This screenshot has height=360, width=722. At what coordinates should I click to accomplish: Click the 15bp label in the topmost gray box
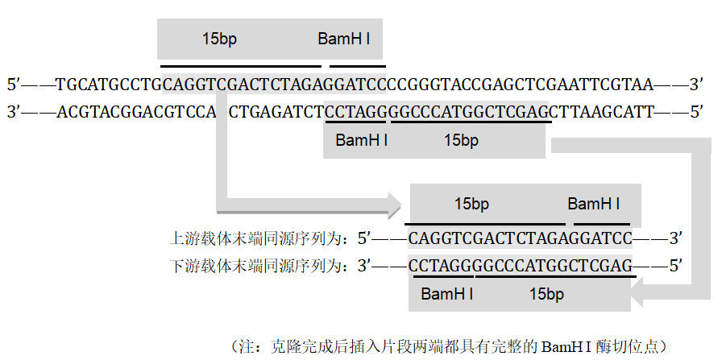[219, 39]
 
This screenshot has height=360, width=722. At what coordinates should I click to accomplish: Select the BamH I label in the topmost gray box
[344, 39]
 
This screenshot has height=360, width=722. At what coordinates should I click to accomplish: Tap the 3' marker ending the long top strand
[696, 85]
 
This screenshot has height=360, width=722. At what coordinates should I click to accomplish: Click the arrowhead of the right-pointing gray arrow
[395, 205]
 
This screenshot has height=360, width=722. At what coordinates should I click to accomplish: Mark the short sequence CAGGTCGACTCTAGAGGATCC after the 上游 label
[521, 238]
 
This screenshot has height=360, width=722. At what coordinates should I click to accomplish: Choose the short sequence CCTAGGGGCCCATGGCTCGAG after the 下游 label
[521, 266]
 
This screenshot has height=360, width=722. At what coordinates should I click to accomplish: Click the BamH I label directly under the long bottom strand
[362, 140]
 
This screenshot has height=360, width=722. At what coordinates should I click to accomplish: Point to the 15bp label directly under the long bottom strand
[461, 140]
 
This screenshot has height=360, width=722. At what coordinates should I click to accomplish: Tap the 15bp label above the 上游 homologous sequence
[471, 204]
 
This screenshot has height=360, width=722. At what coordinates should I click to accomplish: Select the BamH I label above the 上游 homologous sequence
[594, 204]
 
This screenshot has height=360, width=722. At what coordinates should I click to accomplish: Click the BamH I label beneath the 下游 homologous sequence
[447, 294]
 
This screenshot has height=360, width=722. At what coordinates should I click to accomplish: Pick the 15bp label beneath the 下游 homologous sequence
[546, 294]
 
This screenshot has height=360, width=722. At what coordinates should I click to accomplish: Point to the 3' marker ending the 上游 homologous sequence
[675, 238]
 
